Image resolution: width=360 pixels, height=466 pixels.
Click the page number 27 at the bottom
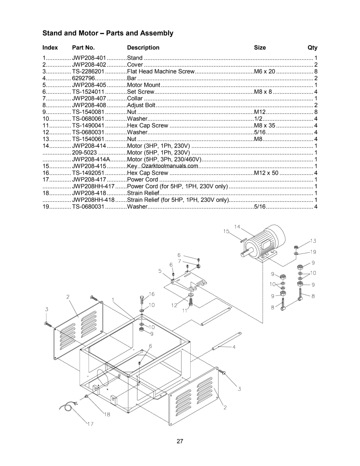[x=180, y=441]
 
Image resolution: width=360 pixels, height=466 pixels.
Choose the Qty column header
[x=312, y=48]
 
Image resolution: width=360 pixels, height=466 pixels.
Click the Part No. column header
[x=83, y=48]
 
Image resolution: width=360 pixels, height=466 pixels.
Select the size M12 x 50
[x=266, y=173]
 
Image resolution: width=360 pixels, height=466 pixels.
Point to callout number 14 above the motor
[x=237, y=227]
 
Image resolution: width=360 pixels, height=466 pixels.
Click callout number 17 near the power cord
[x=90, y=424]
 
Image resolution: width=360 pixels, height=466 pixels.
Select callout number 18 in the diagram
[x=107, y=414]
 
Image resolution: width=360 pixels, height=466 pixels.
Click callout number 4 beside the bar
[x=234, y=348]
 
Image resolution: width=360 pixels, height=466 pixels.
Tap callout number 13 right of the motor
[x=313, y=241]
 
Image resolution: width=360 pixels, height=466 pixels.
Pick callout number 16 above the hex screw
[x=152, y=294]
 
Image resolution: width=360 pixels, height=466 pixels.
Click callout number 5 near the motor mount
[x=160, y=271]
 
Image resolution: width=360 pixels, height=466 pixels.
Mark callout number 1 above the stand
[x=113, y=300]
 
